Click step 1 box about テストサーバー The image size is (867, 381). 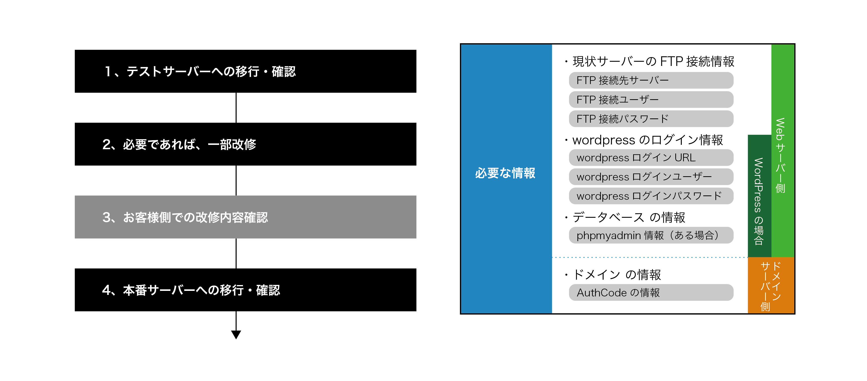click(x=245, y=71)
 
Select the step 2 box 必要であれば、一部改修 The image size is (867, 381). click(x=245, y=144)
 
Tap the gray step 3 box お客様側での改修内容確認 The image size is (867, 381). click(x=245, y=217)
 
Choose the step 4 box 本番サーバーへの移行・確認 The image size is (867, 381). click(x=245, y=290)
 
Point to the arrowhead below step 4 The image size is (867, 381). click(x=236, y=335)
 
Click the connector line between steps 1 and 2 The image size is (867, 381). click(x=236, y=108)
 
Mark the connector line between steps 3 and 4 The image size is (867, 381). click(x=236, y=253)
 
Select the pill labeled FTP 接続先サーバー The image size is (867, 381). click(x=651, y=80)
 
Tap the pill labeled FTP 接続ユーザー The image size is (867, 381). click(x=651, y=99)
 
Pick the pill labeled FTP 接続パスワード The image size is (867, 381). click(x=651, y=119)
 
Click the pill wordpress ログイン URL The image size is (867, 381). click(x=651, y=157)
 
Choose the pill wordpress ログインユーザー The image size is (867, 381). click(x=651, y=176)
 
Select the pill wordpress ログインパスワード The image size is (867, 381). click(x=651, y=196)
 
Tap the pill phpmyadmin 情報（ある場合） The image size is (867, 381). click(x=651, y=235)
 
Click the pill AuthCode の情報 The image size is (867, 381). click(x=651, y=292)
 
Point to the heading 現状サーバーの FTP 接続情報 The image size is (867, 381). click(x=653, y=61)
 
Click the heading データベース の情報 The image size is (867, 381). click(x=629, y=217)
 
